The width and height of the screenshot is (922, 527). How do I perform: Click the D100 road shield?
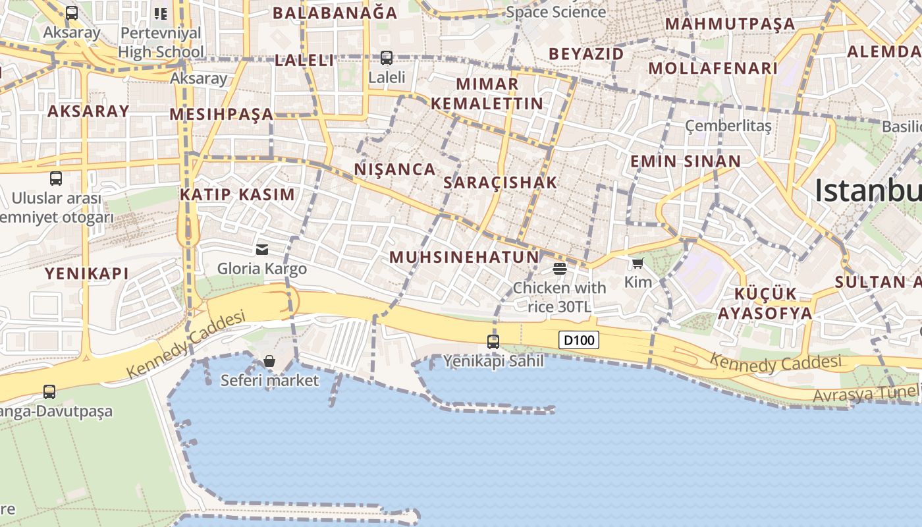point(580,340)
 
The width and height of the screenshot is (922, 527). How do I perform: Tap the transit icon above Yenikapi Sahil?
point(493,341)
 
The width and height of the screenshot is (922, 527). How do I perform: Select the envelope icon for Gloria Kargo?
point(262,250)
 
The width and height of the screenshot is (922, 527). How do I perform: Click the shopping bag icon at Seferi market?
point(269,361)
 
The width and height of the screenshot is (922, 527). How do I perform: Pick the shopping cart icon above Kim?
point(637,263)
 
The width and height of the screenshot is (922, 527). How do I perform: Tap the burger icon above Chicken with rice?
point(560,268)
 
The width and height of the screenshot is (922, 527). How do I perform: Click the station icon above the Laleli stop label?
point(387,58)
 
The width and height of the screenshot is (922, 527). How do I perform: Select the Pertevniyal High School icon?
point(161,13)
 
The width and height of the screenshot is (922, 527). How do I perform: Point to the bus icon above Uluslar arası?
point(56,178)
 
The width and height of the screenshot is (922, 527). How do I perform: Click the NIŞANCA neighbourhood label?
point(395,169)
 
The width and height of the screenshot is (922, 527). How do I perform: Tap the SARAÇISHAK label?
point(501,182)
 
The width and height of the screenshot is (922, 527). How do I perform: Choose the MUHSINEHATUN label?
point(464,257)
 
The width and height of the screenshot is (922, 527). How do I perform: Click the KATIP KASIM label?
point(238,194)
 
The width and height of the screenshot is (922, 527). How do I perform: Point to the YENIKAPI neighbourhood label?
point(86,273)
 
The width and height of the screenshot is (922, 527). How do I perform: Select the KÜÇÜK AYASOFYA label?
point(765,303)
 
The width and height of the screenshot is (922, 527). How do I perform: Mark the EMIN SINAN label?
point(686,161)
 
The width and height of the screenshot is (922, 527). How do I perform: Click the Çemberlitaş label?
point(728,125)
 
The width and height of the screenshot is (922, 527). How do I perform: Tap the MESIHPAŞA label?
point(221,114)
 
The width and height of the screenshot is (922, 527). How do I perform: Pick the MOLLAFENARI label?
point(713,68)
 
